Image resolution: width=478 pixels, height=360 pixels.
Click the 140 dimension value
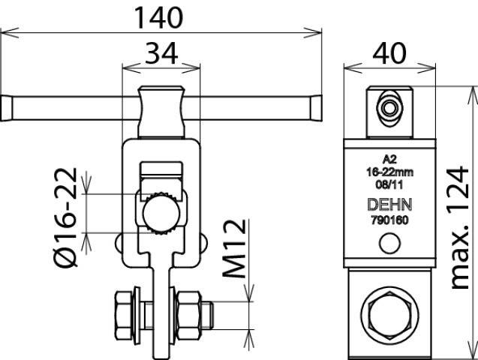coord(158,18)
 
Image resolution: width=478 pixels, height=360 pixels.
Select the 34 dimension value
coord(161,53)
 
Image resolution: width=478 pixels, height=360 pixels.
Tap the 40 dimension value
coord(389,53)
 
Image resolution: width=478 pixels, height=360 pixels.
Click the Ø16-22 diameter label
coord(65,217)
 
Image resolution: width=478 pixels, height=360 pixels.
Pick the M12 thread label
coord(234,248)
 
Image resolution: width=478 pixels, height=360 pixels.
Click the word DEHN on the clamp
coord(390,205)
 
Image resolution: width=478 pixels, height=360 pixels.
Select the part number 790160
coord(389,220)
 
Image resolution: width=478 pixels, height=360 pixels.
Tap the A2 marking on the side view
coord(389,159)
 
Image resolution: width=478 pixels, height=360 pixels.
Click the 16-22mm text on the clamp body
coord(389,172)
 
